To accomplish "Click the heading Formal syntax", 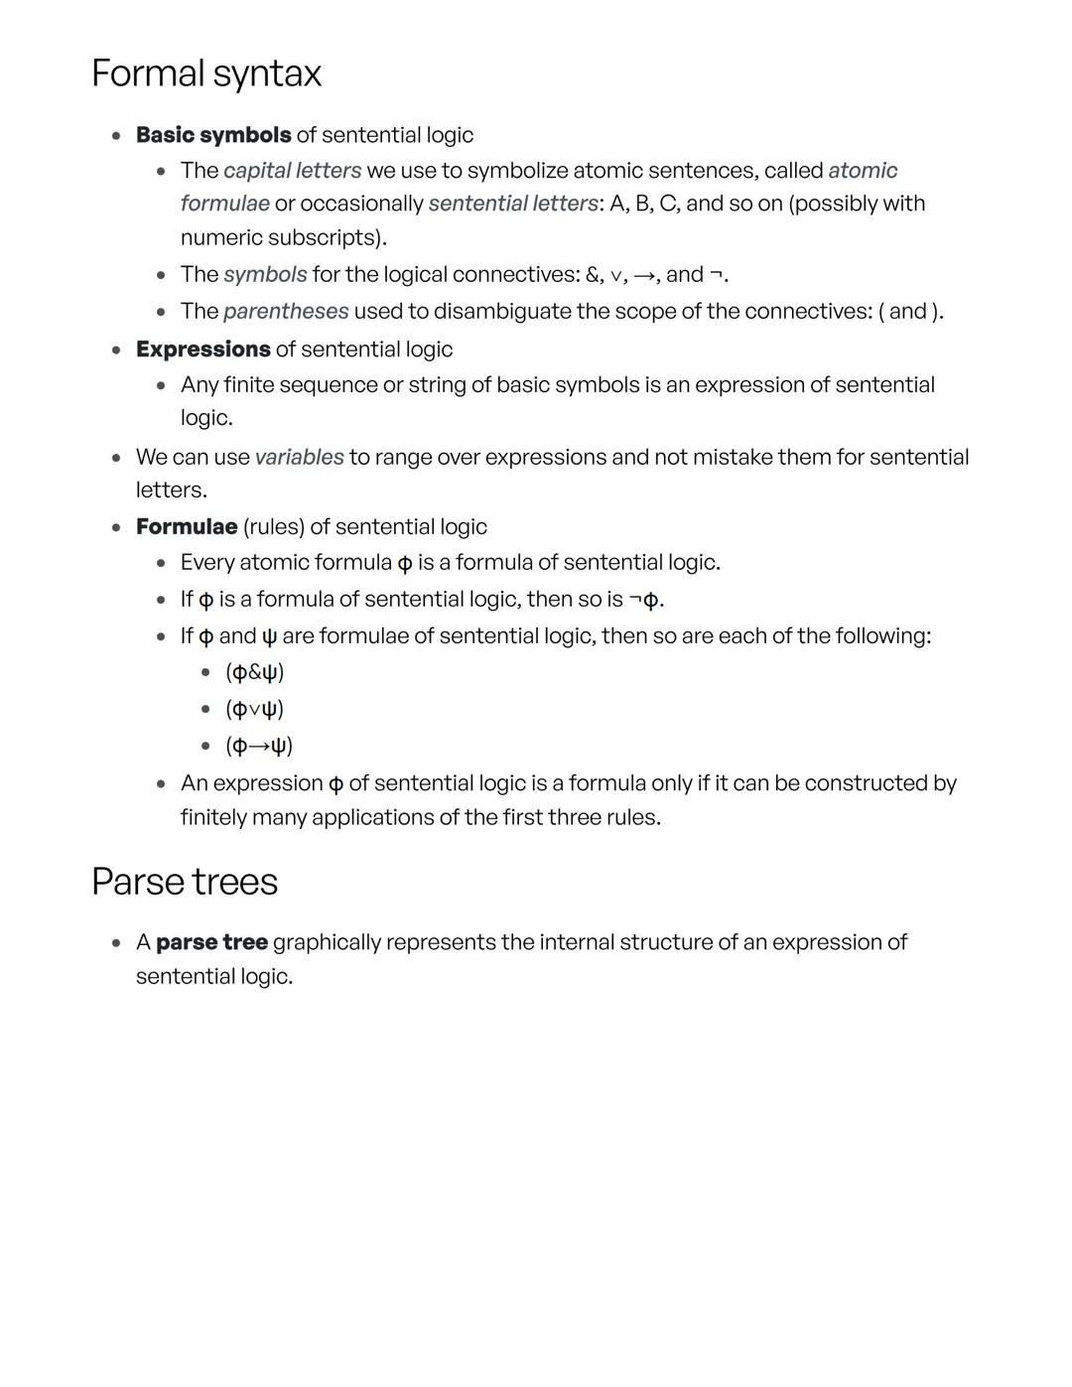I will [206, 74].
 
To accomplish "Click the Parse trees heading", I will [185, 882].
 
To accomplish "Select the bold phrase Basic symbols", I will [213, 135].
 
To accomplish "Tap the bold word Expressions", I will [202, 349].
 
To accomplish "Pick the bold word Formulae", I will [187, 526].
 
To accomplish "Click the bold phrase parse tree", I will [211, 942].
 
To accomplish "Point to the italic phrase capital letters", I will [292, 171].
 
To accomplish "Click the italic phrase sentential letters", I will [513, 204].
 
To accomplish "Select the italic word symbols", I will [265, 274].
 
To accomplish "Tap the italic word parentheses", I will [286, 311].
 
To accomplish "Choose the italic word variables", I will [299, 457].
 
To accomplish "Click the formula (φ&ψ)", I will [255, 672].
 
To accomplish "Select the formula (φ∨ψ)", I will [255, 709].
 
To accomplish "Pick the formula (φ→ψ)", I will [259, 746].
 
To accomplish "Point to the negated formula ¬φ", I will [643, 600].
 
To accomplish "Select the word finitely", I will [213, 817].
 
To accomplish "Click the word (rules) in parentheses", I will [273, 526].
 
